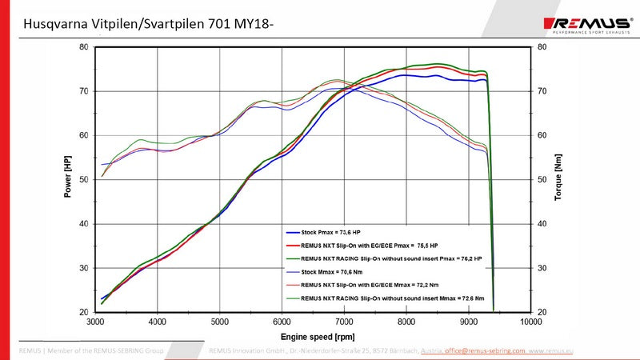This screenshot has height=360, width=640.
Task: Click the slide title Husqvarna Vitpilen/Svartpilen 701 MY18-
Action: [149, 26]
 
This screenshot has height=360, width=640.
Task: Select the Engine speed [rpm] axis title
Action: [313, 337]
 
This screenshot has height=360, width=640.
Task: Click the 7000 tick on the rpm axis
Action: [344, 322]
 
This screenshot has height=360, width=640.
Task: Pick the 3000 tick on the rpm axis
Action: [95, 322]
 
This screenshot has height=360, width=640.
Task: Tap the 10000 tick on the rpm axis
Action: [530, 322]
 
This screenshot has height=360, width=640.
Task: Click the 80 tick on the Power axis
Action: [84, 46]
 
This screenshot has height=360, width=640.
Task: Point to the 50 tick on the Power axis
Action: [84, 179]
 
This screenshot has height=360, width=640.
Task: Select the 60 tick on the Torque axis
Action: [542, 135]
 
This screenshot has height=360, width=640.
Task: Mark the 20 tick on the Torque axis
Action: [542, 312]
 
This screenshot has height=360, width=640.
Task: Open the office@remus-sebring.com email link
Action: [485, 350]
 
